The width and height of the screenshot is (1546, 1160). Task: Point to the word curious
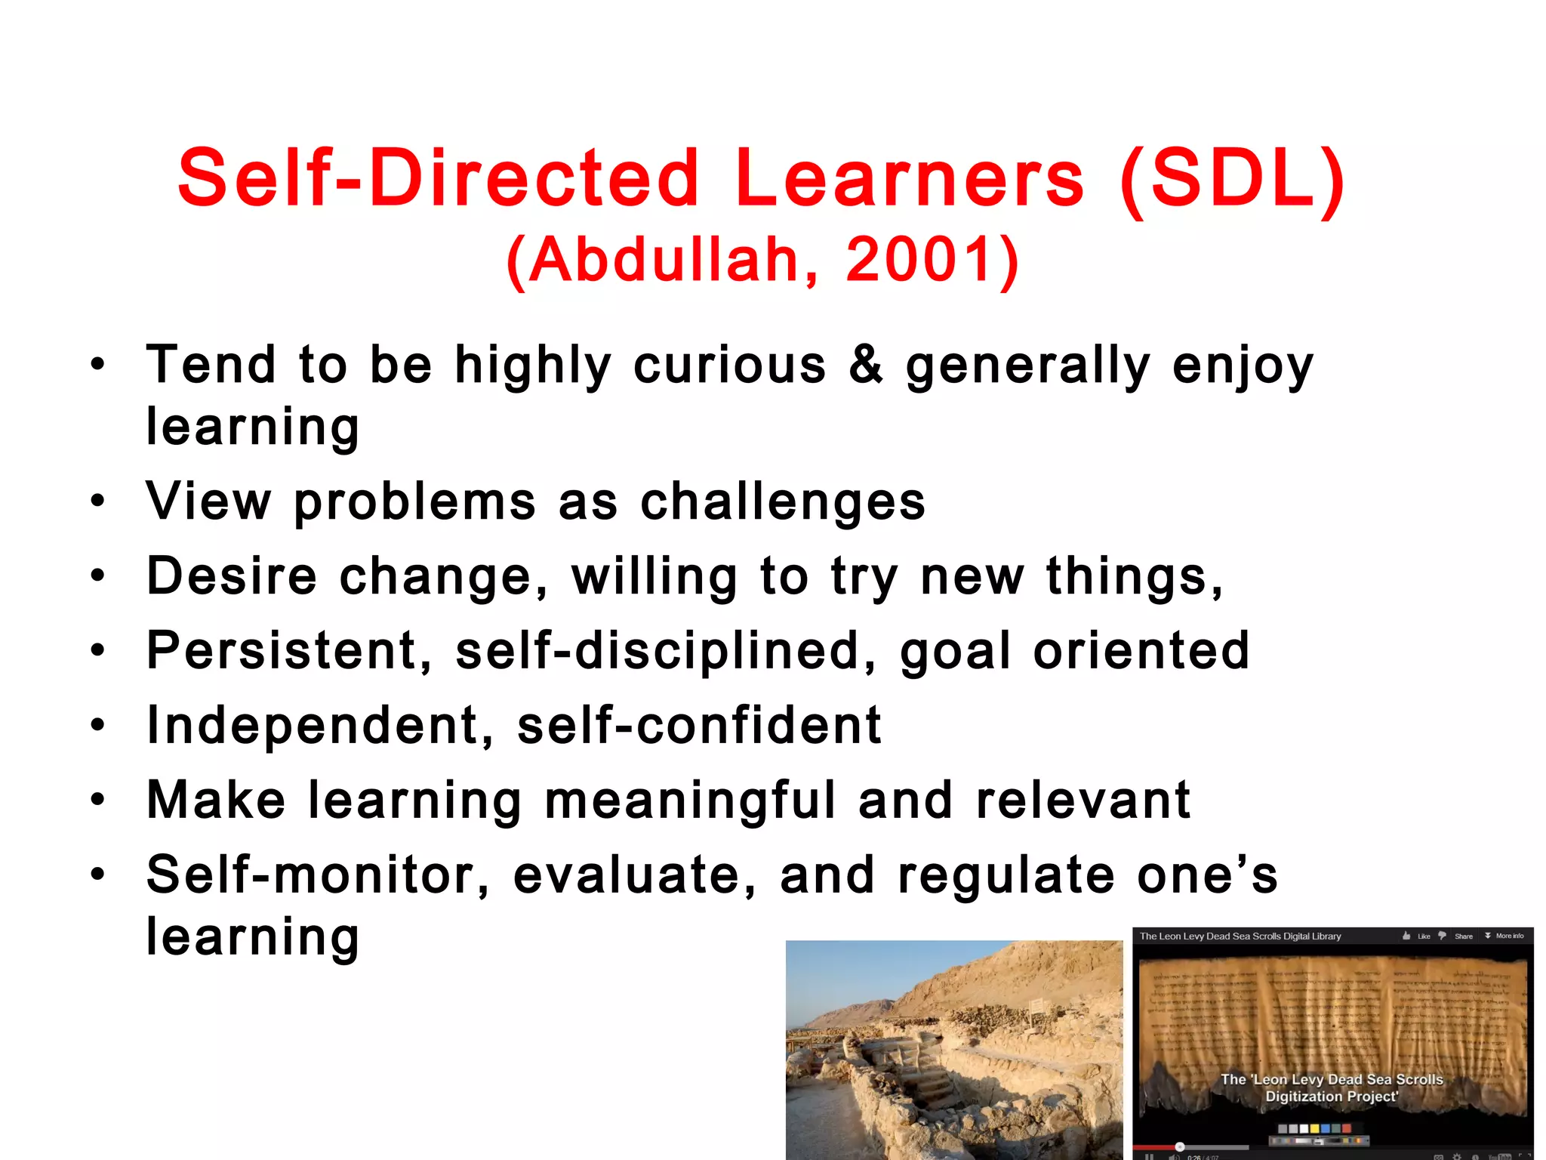729,366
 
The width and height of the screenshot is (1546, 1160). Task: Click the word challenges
783,501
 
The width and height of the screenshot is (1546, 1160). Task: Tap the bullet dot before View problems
97,501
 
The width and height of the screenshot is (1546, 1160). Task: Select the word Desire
232,576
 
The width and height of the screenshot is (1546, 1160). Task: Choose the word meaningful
690,801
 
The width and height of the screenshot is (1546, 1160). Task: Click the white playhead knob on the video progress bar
1180,1146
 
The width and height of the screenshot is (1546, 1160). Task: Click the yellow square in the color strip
1314,1128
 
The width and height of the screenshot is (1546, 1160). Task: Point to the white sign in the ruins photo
1036,1004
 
